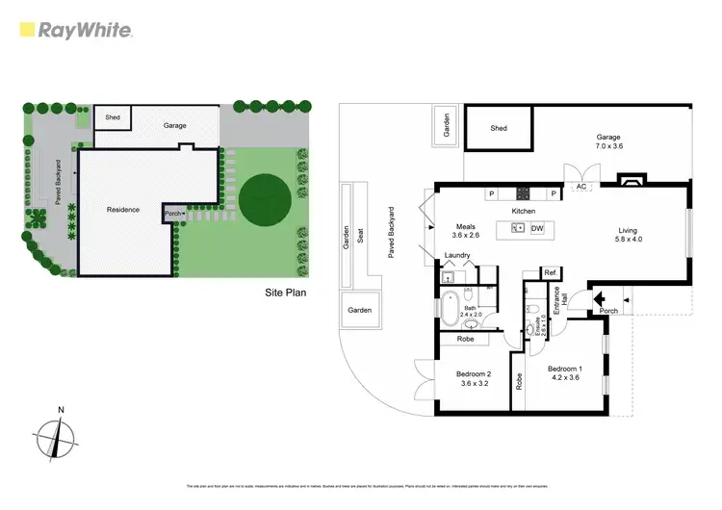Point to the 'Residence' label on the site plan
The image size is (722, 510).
(123, 210)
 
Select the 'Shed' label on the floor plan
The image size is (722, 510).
(499, 128)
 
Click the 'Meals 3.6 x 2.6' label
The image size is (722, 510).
(467, 231)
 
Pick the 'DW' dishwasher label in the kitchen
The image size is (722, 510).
(537, 228)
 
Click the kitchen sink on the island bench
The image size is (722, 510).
(517, 228)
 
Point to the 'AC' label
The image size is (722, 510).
(582, 188)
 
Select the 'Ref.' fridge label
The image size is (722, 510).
(552, 274)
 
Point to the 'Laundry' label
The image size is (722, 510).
(457, 255)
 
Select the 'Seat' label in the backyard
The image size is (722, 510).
(361, 233)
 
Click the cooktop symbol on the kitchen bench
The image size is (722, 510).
(524, 192)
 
